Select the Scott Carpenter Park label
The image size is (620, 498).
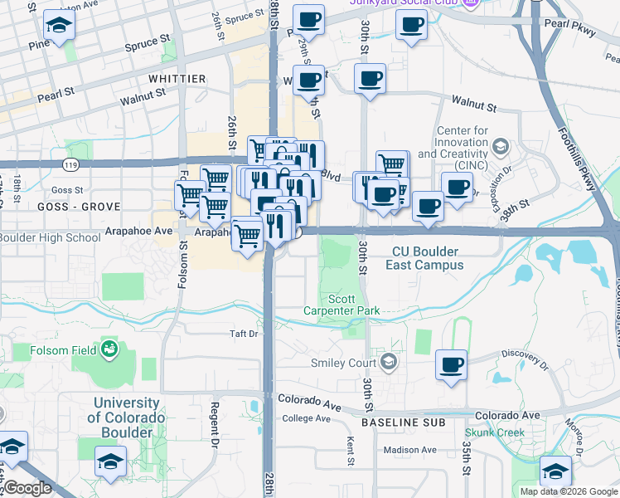tap(354, 305)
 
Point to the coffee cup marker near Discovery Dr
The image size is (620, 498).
tap(451, 364)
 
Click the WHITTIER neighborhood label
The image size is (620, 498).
tap(177, 78)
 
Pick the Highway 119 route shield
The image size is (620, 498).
tap(76, 149)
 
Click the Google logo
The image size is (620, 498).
tap(27, 488)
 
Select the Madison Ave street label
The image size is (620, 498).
tap(410, 450)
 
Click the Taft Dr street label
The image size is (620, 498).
tap(245, 334)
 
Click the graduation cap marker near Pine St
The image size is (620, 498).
tap(58, 27)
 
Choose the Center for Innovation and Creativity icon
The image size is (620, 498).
tap(500, 147)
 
